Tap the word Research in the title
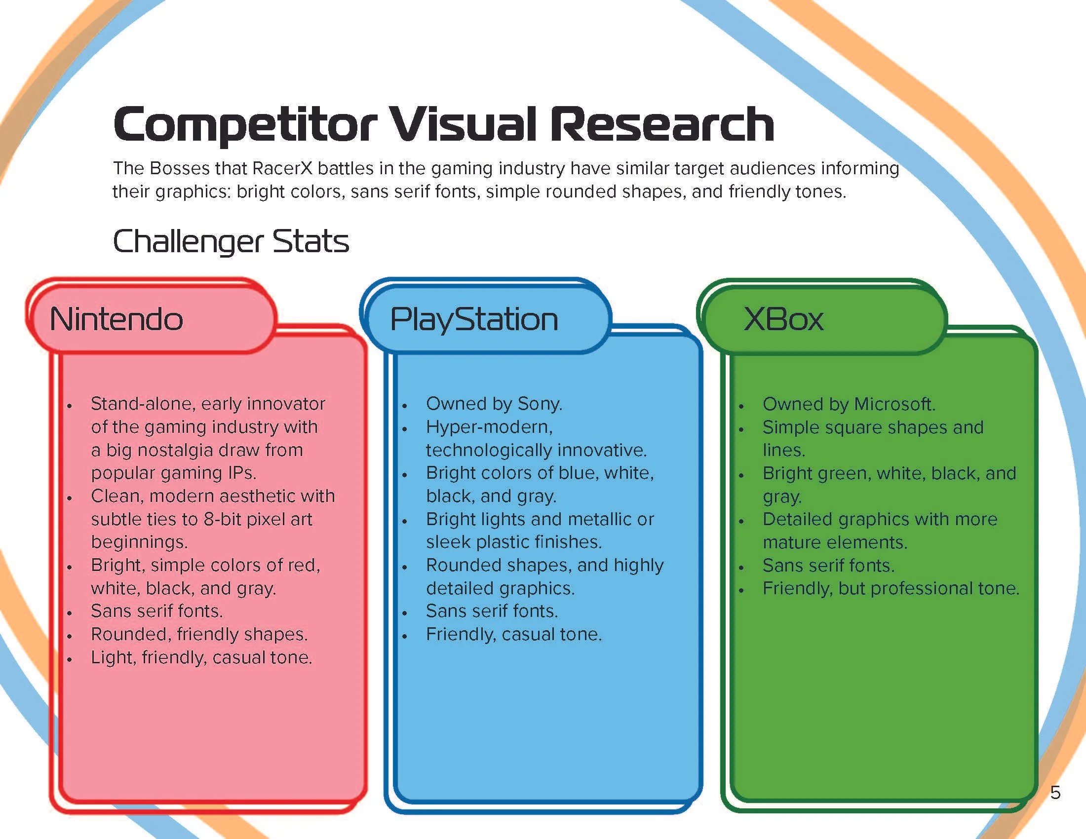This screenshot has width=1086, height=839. [x=661, y=124]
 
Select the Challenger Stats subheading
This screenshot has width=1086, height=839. [x=231, y=241]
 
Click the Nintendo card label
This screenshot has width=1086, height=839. [x=116, y=319]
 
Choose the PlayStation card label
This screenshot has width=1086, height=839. [x=474, y=319]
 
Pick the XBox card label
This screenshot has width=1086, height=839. [x=783, y=319]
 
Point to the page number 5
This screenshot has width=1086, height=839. [x=1055, y=792]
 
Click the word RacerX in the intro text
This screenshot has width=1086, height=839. [x=282, y=168]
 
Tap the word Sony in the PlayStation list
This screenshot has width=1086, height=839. [x=539, y=404]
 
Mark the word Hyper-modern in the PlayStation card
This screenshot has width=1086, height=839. [x=489, y=427]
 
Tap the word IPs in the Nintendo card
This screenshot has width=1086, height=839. [x=242, y=473]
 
